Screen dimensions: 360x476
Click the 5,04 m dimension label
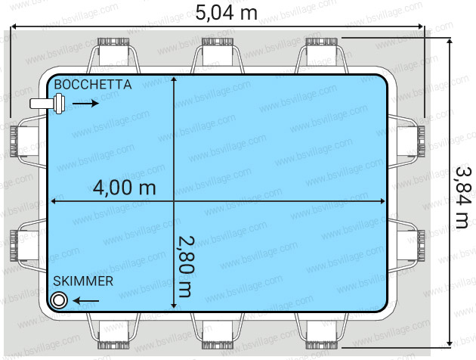click(x=226, y=12)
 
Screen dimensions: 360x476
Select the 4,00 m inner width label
click(x=125, y=187)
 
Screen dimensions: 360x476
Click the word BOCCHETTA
click(x=92, y=85)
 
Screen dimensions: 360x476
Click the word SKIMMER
click(x=83, y=281)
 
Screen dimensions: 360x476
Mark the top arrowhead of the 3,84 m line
click(x=450, y=41)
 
